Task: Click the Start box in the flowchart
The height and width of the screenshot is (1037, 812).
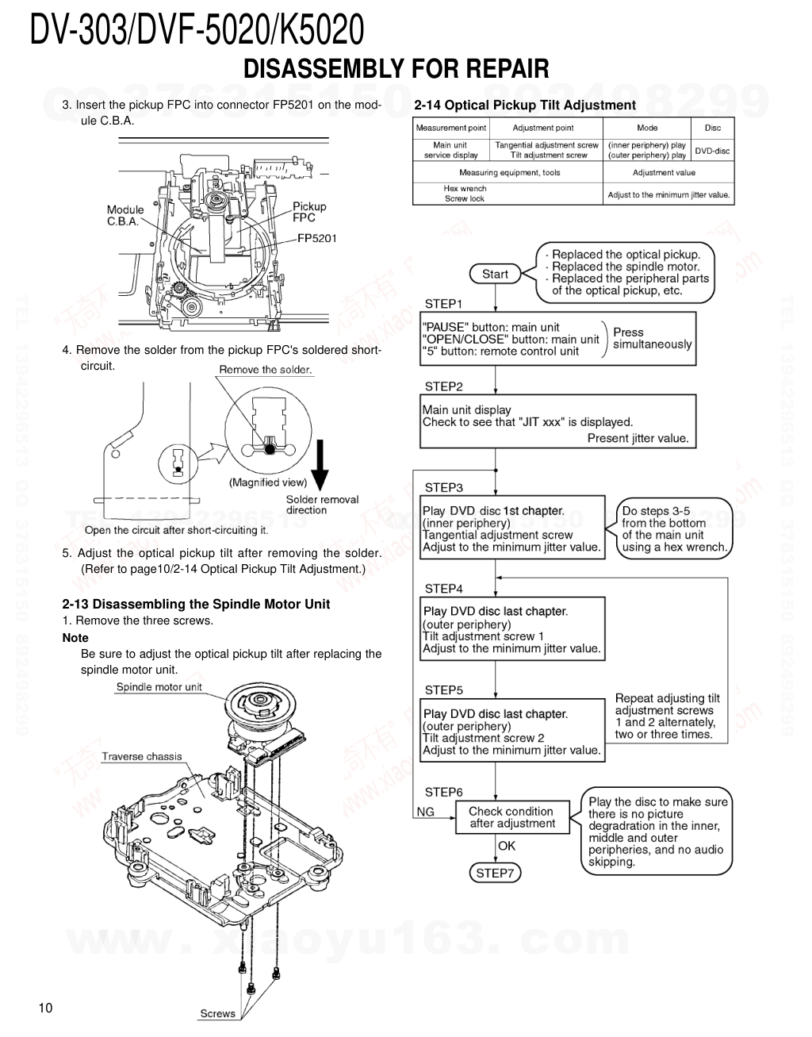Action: (495, 274)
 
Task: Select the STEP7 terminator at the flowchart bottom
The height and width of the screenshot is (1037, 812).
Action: (495, 873)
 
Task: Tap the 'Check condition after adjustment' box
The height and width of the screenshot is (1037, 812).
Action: (511, 817)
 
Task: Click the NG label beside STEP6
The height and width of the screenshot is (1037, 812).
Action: (426, 812)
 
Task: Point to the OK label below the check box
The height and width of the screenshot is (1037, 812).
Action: (507, 846)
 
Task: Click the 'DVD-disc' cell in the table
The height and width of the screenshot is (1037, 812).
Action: (713, 151)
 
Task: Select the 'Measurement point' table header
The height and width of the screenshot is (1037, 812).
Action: (450, 128)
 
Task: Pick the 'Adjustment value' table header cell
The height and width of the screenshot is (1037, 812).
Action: (664, 172)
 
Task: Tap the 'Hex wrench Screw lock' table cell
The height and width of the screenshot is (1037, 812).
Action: (465, 194)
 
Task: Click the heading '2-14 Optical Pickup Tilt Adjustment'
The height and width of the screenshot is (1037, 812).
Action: (525, 106)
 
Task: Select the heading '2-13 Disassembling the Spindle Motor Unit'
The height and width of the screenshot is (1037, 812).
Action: (196, 604)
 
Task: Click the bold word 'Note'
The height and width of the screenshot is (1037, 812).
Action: (75, 638)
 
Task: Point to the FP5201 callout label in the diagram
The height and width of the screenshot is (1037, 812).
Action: (317, 237)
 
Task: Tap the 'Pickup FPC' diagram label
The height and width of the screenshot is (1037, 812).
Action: (309, 212)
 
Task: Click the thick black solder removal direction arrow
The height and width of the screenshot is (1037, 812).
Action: (320, 468)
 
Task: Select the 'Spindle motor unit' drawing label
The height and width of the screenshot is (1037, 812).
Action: (159, 687)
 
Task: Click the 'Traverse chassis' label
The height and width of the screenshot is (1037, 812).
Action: (141, 756)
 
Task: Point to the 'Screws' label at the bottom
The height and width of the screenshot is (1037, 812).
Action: (217, 1013)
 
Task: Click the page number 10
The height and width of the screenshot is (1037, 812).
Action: (45, 1008)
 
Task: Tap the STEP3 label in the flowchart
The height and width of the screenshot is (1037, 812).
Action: (443, 487)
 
